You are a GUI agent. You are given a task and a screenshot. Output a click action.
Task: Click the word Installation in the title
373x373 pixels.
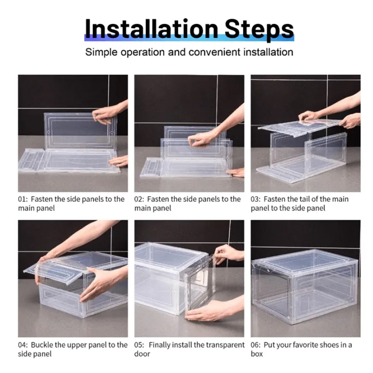[x=152, y=29]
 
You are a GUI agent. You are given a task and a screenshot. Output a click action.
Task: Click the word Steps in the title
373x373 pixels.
[x=259, y=30]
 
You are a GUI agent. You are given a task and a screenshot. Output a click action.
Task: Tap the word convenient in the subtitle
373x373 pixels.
[x=214, y=52]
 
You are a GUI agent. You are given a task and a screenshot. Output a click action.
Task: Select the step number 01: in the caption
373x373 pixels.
[x=23, y=199]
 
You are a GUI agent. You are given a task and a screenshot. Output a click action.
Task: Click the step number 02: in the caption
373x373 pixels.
[x=139, y=199]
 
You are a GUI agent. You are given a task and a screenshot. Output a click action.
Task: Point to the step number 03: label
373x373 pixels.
[x=256, y=199]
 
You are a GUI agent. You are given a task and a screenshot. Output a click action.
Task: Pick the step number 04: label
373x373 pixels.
[x=23, y=345]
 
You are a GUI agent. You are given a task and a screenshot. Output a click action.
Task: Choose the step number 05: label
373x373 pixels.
[x=139, y=345]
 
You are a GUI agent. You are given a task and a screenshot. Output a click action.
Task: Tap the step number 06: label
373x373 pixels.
[x=256, y=345]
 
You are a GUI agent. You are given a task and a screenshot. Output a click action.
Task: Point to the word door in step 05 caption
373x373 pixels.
[x=142, y=354]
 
